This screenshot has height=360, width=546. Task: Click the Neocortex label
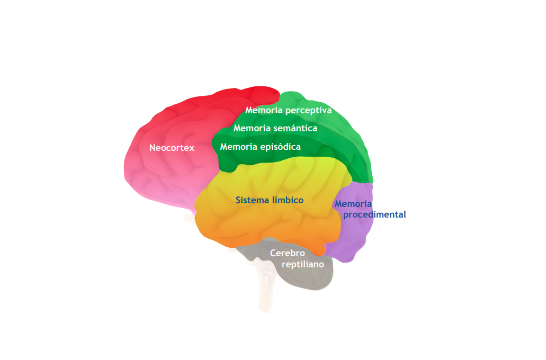click(172, 148)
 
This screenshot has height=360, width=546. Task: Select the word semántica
click(296, 128)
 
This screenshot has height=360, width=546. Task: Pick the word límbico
click(288, 200)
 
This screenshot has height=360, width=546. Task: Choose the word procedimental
click(374, 215)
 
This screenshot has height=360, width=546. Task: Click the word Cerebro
click(287, 253)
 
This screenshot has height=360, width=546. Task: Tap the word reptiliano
click(303, 265)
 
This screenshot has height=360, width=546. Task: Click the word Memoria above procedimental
click(353, 204)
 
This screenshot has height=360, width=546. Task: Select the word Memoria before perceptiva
click(264, 110)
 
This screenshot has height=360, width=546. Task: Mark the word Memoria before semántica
click(252, 128)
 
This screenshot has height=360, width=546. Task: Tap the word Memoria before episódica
click(239, 147)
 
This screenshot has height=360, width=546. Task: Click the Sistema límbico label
click(270, 200)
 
